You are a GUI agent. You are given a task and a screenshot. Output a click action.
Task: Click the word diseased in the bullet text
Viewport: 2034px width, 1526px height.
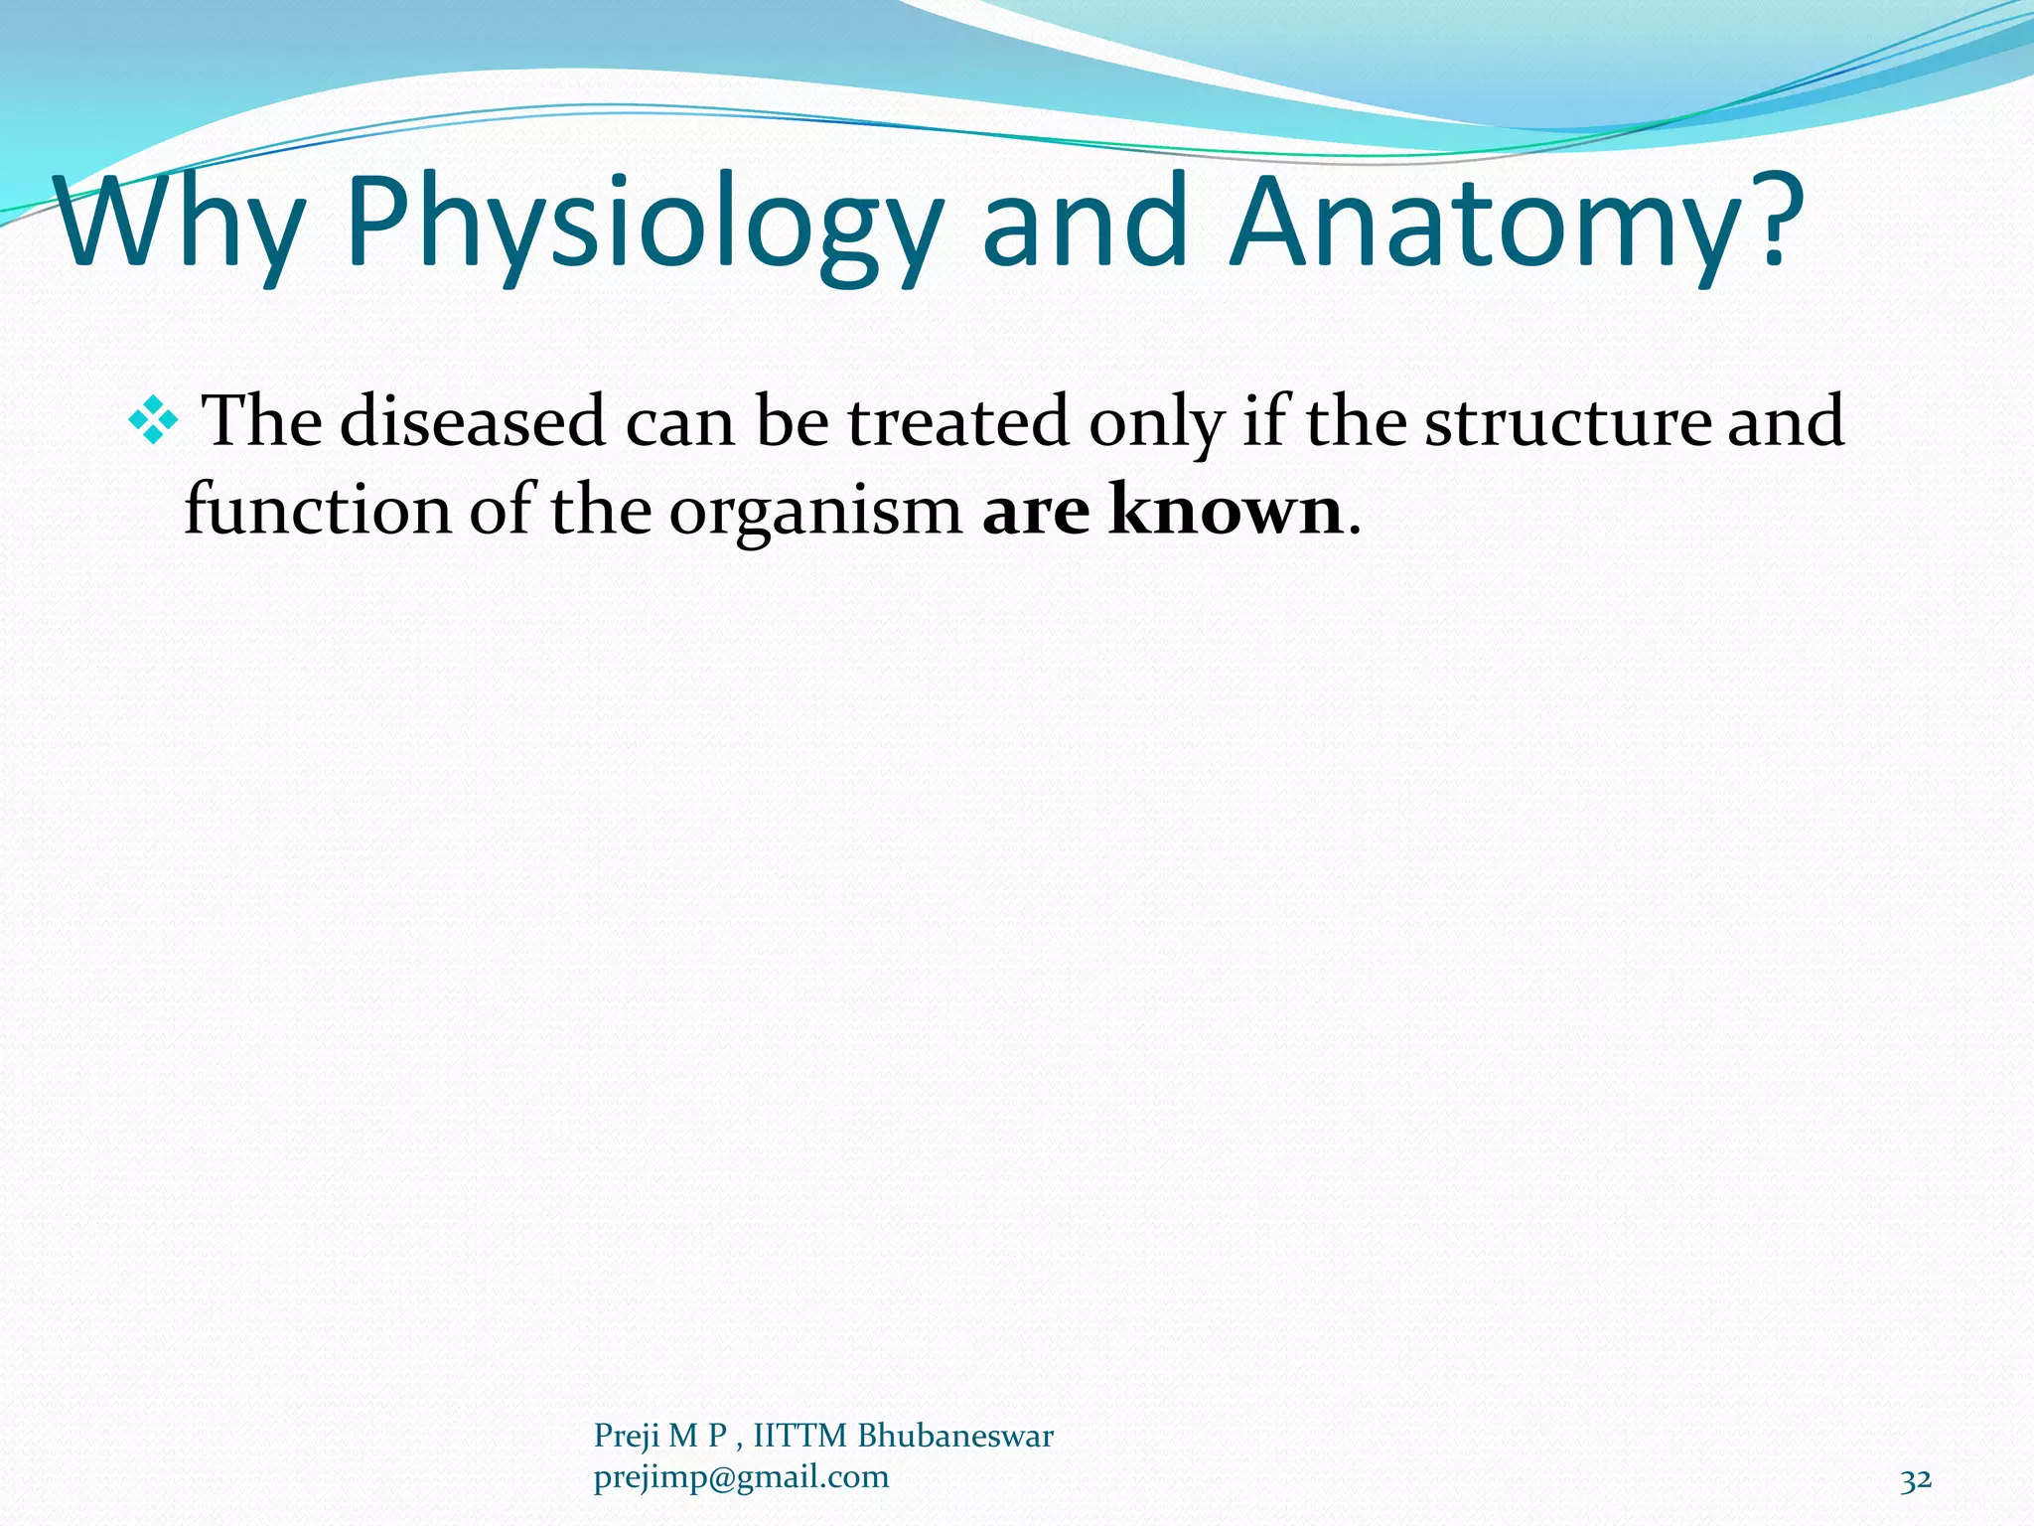473,421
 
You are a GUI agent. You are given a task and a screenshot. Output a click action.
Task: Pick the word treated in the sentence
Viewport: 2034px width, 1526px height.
957,421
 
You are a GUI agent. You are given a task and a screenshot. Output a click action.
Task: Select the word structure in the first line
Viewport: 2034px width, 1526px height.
1567,421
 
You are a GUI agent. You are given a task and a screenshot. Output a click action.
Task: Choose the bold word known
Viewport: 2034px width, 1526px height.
1226,510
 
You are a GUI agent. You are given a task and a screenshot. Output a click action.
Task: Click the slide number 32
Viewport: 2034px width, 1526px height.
1916,1480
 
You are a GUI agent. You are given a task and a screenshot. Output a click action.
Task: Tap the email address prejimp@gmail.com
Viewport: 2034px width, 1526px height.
741,1478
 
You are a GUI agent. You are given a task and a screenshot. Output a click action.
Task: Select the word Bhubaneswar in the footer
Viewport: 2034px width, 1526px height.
954,1436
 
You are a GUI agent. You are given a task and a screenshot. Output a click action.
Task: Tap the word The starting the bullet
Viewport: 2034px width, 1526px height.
261,421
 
